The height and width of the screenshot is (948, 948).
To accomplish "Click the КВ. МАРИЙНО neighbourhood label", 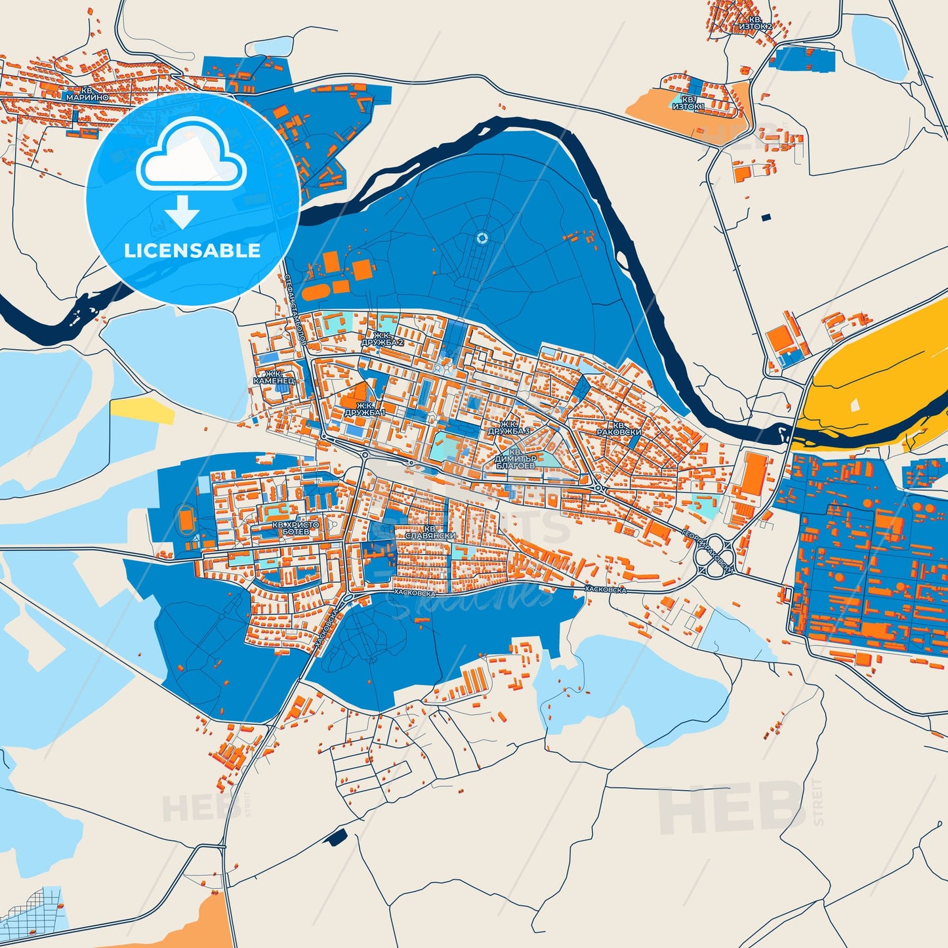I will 86,93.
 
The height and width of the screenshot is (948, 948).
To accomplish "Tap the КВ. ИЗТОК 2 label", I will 754,24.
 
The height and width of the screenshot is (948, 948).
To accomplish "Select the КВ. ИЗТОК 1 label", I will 688,103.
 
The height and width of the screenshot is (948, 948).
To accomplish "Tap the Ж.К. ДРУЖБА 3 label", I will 508,428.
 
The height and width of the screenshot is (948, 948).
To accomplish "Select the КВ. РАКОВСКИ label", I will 619,429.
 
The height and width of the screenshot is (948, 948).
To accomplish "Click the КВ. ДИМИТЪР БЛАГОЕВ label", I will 516,458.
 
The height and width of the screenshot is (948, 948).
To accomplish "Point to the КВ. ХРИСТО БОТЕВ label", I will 295,528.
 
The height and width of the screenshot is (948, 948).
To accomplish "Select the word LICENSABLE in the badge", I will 192,251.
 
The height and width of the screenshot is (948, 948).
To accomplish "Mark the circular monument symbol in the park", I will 482,238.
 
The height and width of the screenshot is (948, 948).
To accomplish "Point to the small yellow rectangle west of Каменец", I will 141,409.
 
